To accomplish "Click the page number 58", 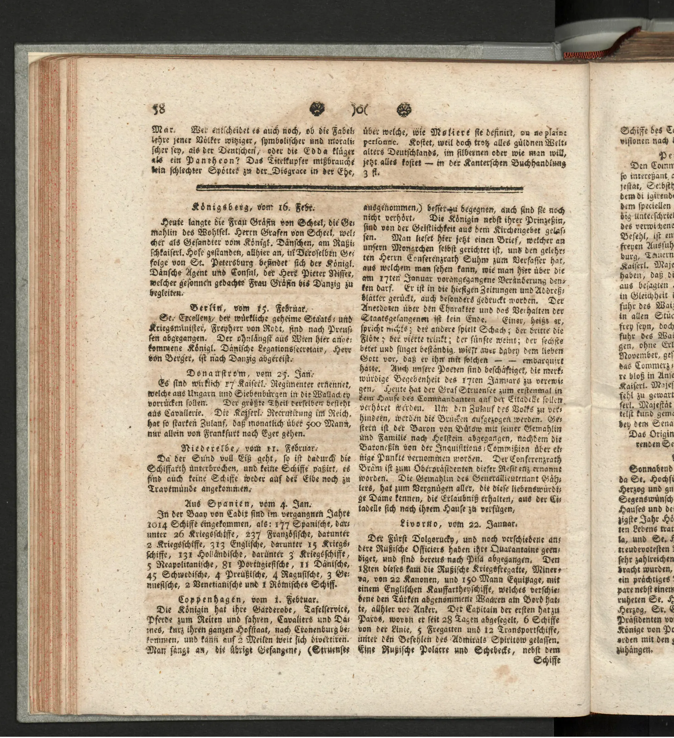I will [x=159, y=108].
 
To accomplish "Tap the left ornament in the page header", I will [x=317, y=109].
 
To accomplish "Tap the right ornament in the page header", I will [x=403, y=109].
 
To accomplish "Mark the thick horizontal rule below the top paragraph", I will [x=360, y=188].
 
